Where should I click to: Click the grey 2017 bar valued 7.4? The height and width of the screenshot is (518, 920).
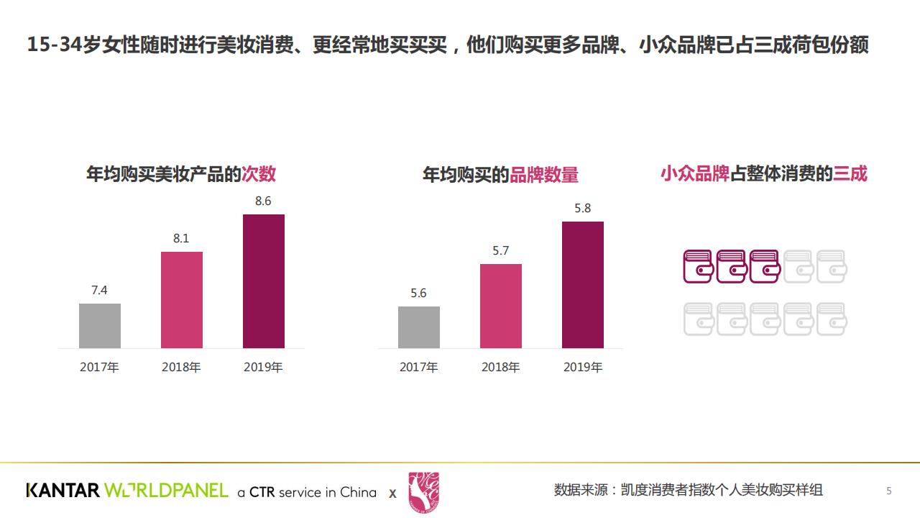[x=100, y=326]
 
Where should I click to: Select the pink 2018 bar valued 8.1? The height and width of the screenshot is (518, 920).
[x=182, y=300]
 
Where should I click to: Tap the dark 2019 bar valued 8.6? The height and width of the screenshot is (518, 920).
[x=264, y=281]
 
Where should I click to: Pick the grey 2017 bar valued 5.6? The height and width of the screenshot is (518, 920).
[x=419, y=327]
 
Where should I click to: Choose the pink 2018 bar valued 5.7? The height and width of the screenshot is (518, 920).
[x=501, y=306]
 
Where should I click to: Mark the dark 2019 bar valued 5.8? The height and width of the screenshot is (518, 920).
[x=583, y=285]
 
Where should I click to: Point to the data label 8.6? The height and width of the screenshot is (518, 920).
[x=263, y=201]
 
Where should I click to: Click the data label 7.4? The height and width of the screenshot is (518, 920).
[x=99, y=291]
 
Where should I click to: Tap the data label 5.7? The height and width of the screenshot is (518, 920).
[x=500, y=251]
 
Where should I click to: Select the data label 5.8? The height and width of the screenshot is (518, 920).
[x=582, y=209]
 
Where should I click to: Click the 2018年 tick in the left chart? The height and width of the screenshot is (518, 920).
[x=181, y=368]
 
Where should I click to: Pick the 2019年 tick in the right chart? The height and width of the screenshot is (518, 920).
[x=583, y=368]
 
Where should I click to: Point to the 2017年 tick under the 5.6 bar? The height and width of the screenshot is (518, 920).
[x=419, y=368]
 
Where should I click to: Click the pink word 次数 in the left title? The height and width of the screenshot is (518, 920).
[x=259, y=174]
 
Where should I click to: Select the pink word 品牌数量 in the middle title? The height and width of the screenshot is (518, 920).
[x=544, y=175]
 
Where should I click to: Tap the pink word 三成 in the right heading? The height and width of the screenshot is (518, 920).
[x=850, y=174]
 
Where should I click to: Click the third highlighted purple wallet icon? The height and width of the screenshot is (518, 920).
[x=765, y=266]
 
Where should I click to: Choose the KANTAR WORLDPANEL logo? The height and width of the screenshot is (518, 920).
[x=127, y=491]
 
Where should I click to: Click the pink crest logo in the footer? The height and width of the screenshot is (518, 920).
[x=423, y=492]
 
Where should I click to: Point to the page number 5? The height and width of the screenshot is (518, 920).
[x=889, y=491]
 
